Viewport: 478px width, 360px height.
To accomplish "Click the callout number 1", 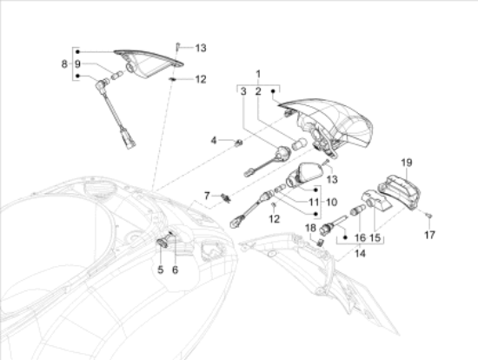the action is pyautogui.click(x=258, y=74).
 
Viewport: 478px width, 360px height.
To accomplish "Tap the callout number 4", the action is pyautogui.click(x=214, y=140).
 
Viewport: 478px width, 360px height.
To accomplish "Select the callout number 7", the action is pyautogui.click(x=207, y=196).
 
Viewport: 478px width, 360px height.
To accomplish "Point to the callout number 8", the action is pyautogui.click(x=64, y=64).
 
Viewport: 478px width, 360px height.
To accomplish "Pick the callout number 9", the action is pyautogui.click(x=77, y=64).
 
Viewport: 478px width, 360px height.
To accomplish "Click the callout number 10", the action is pyautogui.click(x=332, y=202).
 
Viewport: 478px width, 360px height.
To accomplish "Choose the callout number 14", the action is pyautogui.click(x=360, y=254).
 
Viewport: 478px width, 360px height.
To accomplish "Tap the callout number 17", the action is pyautogui.click(x=430, y=235).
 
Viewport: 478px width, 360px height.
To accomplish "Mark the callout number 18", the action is pyautogui.click(x=310, y=228).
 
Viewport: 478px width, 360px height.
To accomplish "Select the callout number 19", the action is pyautogui.click(x=407, y=163).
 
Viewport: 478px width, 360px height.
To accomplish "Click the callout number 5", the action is pyautogui.click(x=161, y=270).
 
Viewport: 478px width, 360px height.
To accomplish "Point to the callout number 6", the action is pyautogui.click(x=175, y=270).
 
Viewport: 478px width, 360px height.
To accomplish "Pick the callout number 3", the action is pyautogui.click(x=243, y=91).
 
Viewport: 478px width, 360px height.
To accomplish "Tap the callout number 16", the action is pyautogui.click(x=361, y=237).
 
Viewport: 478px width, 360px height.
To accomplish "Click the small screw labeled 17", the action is pyautogui.click(x=429, y=216).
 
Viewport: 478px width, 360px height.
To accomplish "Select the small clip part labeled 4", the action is pyautogui.click(x=239, y=142).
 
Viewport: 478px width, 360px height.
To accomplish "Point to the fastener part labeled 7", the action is pyautogui.click(x=226, y=197).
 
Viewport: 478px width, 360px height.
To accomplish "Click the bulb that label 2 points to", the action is pyautogui.click(x=297, y=144).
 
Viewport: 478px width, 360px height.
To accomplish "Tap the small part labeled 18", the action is pyautogui.click(x=320, y=243).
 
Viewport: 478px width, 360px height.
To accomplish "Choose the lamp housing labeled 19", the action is pyautogui.click(x=400, y=192).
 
